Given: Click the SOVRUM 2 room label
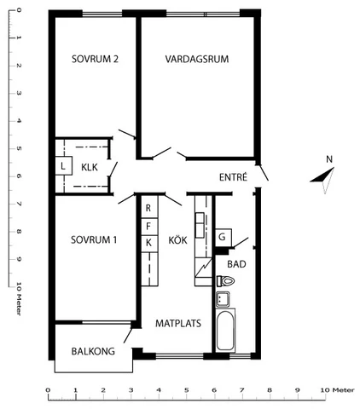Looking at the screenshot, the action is (95, 59).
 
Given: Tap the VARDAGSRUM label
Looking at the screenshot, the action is (197, 59).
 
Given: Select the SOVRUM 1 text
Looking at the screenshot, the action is (94, 239).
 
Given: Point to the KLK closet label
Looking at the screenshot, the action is (90, 167).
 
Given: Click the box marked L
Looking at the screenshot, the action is (63, 166).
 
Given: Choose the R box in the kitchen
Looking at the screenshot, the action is (149, 207).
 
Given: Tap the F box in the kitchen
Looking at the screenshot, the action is (149, 227).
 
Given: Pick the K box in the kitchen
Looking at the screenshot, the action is (149, 244).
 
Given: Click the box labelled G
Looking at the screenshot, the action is (224, 238).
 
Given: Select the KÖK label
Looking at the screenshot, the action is (177, 240).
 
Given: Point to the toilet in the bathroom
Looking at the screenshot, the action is (225, 281).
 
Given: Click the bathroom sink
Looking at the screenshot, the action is (223, 299).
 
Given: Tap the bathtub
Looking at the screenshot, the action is (226, 331).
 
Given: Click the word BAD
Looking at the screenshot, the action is (236, 264).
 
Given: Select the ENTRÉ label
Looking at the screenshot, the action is (233, 177).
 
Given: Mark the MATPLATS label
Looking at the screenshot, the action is (178, 323).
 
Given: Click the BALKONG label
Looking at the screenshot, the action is (93, 351).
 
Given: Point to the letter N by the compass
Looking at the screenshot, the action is (329, 159).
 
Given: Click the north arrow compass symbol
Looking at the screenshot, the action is (323, 179).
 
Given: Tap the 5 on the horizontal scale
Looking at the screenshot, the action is (186, 390).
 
